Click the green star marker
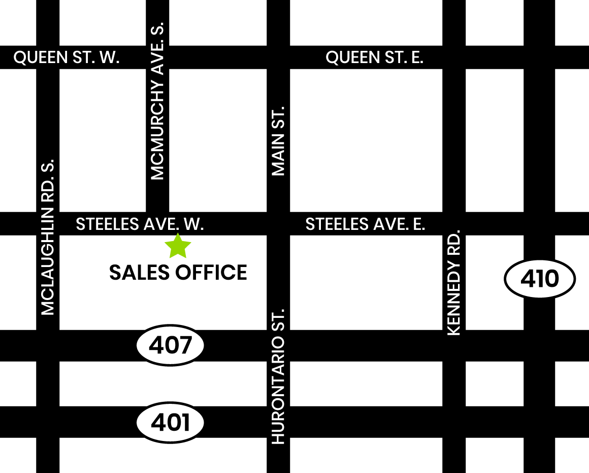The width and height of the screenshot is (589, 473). pos(178,246)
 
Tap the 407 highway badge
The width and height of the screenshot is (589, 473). pos(171,345)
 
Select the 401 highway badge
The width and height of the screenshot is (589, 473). pos(171,422)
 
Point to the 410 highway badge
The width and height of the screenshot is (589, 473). pos(540,279)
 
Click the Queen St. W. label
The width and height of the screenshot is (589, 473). pos(67,57)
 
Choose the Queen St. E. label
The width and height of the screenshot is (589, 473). pos(374,57)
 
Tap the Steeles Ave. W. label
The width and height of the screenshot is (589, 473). pos(140,224)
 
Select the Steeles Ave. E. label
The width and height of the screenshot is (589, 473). pos(365,224)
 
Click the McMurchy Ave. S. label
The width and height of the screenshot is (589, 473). pos(158,101)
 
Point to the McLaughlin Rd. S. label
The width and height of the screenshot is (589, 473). pos(47,237)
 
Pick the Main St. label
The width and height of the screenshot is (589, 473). pos(278,141)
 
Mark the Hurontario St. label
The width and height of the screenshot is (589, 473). pos(278,376)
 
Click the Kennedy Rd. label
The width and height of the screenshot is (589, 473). pos(453,283)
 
